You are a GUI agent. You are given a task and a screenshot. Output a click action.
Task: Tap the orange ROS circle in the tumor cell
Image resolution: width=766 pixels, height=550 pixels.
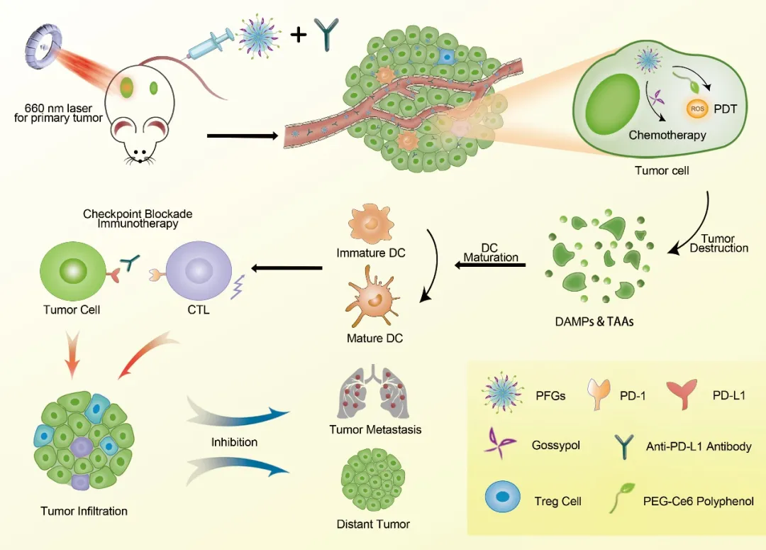(x=696, y=109)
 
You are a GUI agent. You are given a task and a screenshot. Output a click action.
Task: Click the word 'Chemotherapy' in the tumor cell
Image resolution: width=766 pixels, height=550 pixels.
(x=667, y=135)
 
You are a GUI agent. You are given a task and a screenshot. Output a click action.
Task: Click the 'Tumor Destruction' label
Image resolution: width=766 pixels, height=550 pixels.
(x=718, y=243)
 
